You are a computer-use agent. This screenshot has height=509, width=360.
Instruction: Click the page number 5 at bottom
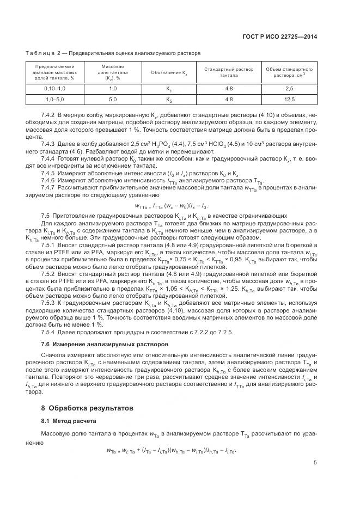click(x=315, y=463)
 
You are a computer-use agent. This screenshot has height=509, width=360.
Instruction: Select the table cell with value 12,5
click(x=289, y=99)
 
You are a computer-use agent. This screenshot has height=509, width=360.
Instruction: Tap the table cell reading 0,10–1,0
click(x=54, y=88)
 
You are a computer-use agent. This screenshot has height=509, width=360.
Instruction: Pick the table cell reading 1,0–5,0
click(x=54, y=99)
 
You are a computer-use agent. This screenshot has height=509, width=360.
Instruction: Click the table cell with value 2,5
click(x=289, y=88)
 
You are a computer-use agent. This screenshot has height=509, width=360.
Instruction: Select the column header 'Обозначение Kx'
click(x=169, y=72)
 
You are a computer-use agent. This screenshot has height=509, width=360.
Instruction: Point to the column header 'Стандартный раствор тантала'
click(x=229, y=72)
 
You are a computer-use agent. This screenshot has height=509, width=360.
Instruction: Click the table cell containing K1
click(x=169, y=88)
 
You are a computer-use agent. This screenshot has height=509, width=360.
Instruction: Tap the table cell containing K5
click(x=169, y=99)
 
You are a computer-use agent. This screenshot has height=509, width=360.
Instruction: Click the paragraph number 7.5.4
click(x=48, y=332)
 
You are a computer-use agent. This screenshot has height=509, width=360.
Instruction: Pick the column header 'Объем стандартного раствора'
click(x=289, y=72)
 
